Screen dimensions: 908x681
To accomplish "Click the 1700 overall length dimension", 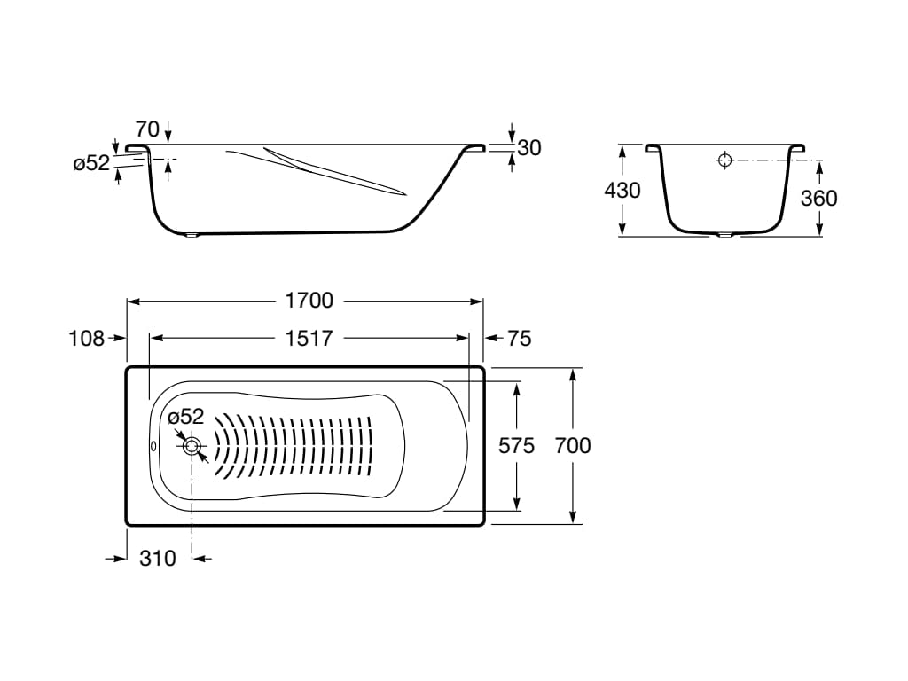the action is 309,301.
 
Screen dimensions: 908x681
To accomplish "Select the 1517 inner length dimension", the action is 309,338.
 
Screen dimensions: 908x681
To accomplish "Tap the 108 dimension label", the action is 86,338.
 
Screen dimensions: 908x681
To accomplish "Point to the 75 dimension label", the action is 519,338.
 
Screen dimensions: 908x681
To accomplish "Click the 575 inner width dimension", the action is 517,446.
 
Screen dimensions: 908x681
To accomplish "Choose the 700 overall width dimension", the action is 573,446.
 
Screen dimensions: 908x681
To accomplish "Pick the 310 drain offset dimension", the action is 158,559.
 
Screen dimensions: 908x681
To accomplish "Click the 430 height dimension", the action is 622,190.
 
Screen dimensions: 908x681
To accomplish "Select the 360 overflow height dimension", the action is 818,198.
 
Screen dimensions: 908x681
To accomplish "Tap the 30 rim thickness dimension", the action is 529,148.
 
